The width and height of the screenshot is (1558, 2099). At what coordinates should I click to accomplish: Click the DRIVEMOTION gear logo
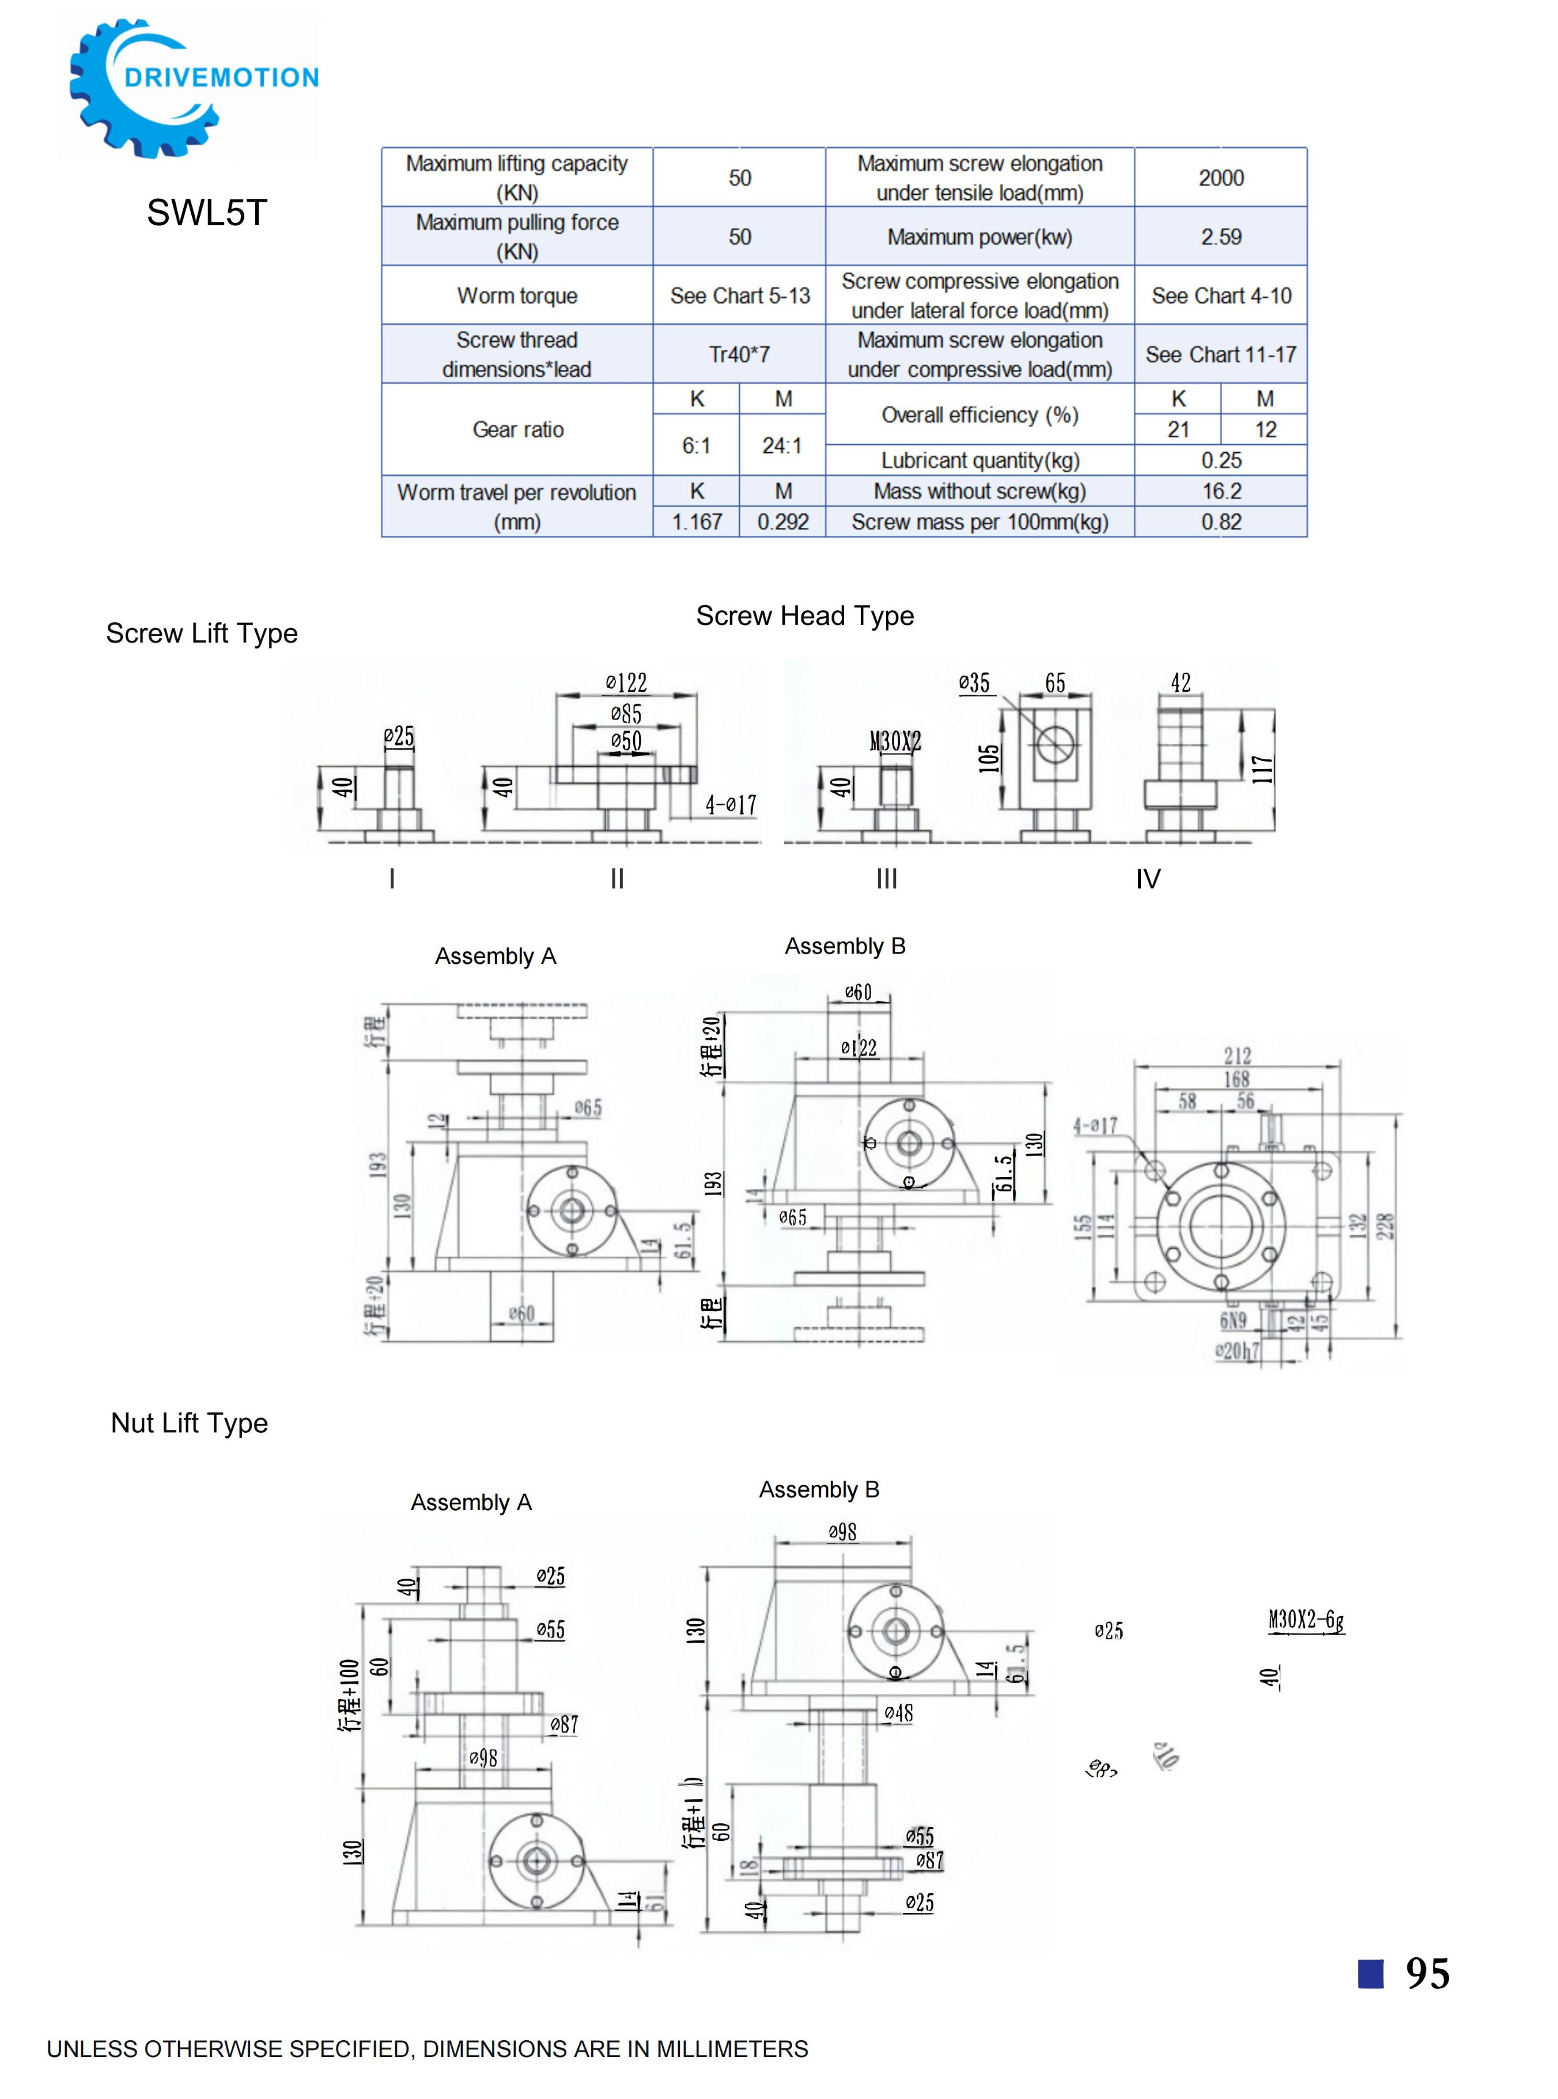[x=188, y=87]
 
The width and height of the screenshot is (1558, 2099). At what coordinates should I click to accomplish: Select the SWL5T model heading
[x=206, y=213]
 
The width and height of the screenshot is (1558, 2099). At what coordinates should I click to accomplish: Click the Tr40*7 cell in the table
[x=739, y=354]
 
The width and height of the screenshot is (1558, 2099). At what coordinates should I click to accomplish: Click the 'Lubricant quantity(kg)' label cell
[x=980, y=460]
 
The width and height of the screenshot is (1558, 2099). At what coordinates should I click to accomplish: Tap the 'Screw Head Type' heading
[x=804, y=616]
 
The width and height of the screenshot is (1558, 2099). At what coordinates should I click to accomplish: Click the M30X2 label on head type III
[x=895, y=741]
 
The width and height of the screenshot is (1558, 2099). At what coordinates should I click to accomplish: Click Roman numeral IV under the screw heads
[x=1148, y=879]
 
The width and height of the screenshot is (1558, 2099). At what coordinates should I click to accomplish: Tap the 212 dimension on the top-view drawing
[x=1237, y=1055]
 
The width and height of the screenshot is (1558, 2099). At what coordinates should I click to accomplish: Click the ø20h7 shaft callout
[x=1236, y=1351]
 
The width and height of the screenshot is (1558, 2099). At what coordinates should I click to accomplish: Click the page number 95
[x=1427, y=1973]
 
